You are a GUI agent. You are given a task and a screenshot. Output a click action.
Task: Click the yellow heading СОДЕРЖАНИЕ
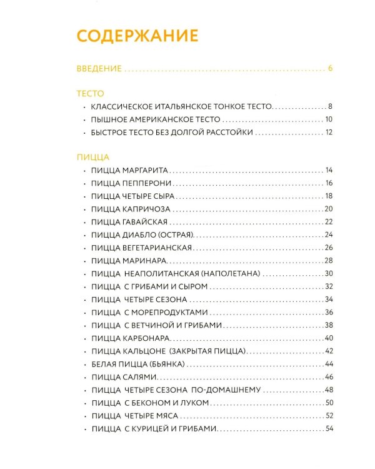point(137,35)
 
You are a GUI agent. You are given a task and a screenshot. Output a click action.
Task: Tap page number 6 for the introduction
point(330,69)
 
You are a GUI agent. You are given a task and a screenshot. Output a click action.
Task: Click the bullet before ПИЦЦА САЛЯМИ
point(84,377)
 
